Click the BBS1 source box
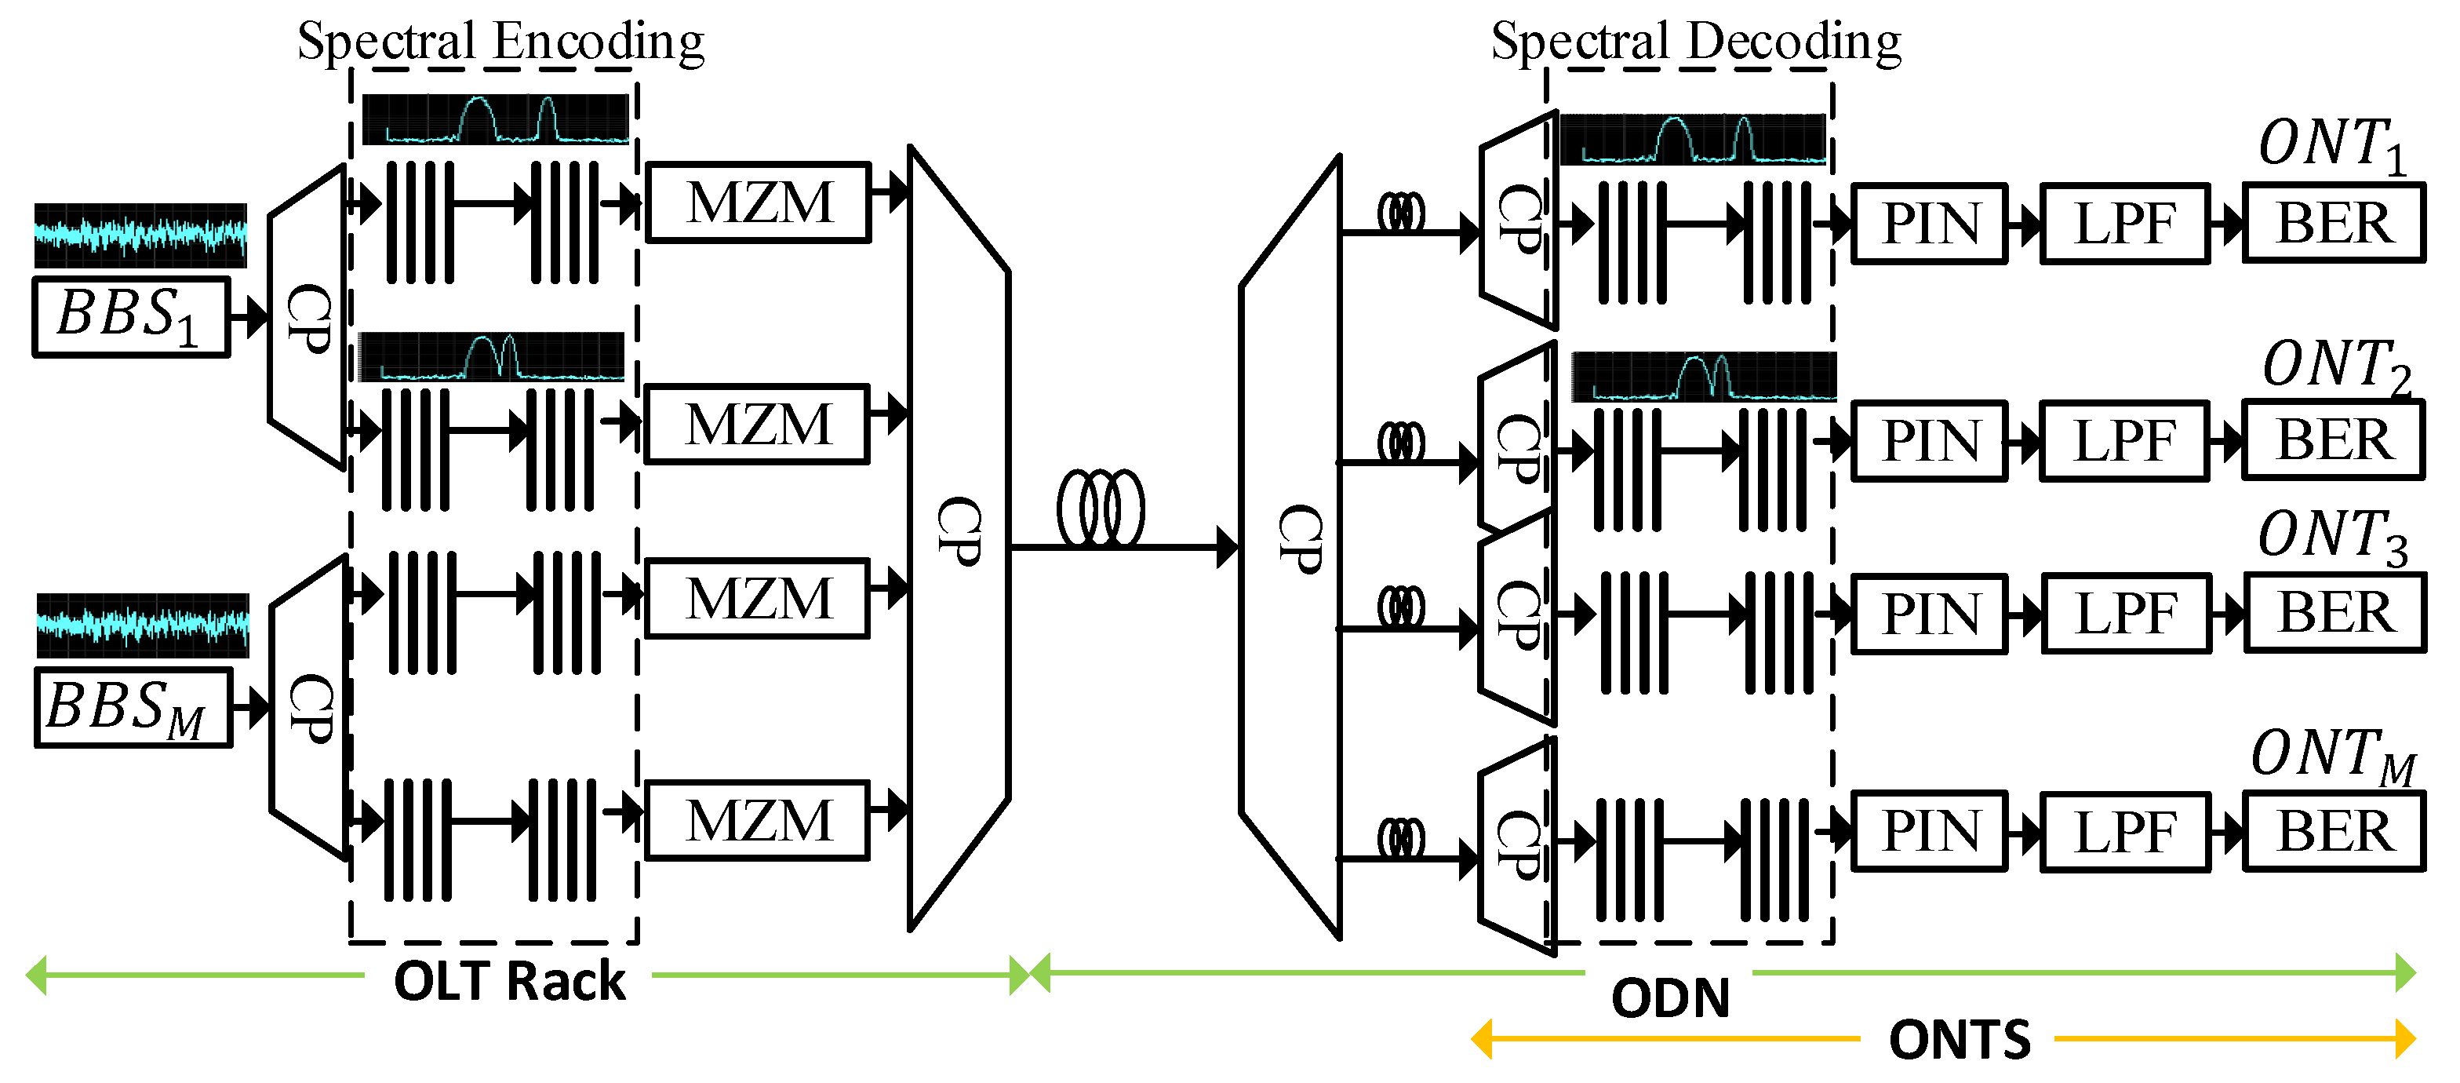coord(131,317)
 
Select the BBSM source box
coord(133,708)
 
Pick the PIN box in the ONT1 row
coord(1928,224)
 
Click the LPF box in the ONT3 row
coord(2125,613)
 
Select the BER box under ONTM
coord(2333,831)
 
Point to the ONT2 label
coord(2335,366)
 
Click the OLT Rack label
coord(509,981)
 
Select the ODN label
coord(1670,998)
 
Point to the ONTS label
coord(1959,1039)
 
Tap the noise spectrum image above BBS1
coord(140,235)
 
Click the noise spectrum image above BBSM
coord(144,625)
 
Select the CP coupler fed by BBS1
coord(307,318)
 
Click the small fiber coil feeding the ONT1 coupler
coord(1400,212)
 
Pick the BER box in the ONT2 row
coord(2333,440)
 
